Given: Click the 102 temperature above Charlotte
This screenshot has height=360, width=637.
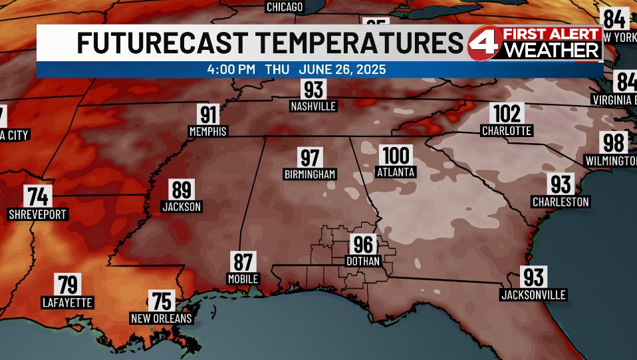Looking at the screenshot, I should (507, 114).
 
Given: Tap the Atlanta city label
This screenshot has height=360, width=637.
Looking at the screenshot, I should (396, 172).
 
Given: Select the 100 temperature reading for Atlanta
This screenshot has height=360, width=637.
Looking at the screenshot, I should (396, 156).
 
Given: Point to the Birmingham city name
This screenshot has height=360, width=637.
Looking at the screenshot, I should (310, 174).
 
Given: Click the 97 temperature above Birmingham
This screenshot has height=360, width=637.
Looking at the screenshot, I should (310, 158).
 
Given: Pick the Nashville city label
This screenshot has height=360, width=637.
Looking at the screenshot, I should (313, 106).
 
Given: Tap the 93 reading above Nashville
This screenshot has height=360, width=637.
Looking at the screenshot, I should (313, 89).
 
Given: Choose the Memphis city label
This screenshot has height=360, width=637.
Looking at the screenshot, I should (208, 131).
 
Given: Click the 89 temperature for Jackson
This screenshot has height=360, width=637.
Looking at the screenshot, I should (182, 190).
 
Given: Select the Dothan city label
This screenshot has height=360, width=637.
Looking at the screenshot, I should (363, 262).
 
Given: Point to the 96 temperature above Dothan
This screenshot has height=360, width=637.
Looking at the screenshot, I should (363, 245).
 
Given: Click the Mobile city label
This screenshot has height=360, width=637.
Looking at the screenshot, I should (242, 279).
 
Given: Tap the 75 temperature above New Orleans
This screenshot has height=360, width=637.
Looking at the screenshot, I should (161, 301).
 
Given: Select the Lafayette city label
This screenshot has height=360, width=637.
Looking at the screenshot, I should (67, 302).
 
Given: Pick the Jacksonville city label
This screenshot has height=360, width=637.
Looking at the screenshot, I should (533, 294).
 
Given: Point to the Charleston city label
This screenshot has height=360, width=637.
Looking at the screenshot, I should (561, 202).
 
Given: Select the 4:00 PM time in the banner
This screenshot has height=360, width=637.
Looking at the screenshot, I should (231, 69).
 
